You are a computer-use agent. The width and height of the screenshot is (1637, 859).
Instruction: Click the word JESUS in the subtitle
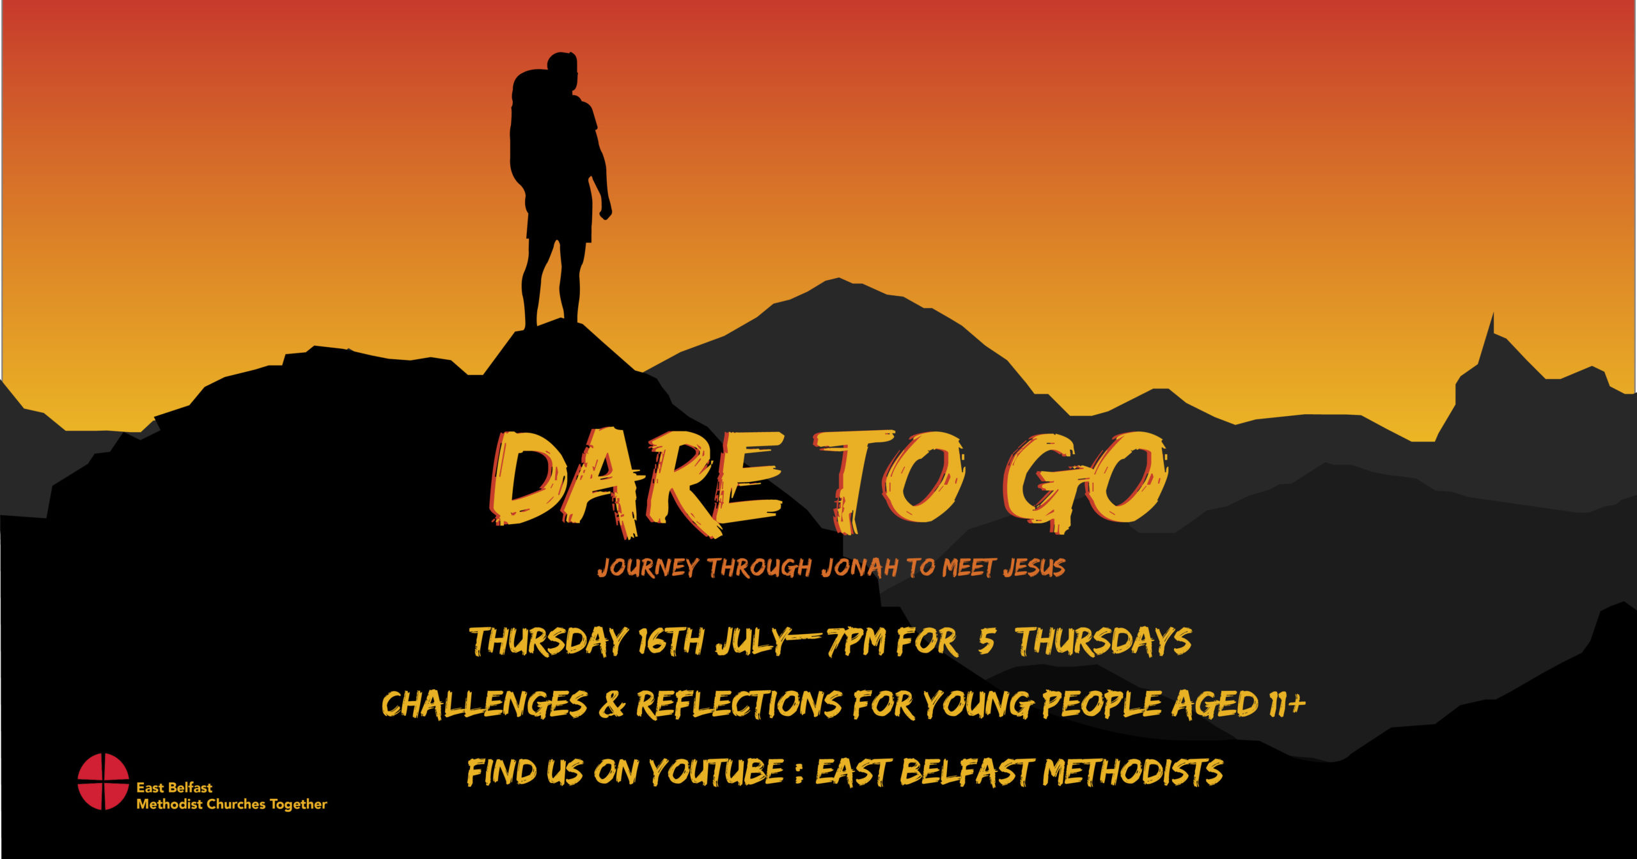1034,568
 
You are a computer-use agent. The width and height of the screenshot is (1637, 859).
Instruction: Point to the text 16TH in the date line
671,641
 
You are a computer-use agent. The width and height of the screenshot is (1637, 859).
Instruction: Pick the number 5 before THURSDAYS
986,641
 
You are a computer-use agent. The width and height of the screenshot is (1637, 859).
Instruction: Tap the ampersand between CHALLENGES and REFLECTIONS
612,704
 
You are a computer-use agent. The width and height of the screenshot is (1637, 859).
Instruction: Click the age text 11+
1286,703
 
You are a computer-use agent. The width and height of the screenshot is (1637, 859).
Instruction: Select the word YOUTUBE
717,771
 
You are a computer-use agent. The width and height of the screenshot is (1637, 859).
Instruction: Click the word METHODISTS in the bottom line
1132,771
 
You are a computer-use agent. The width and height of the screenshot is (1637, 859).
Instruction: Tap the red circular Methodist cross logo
103,781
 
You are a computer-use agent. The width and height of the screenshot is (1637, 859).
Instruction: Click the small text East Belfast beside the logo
174,787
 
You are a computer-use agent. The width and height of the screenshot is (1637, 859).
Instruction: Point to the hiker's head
563,69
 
